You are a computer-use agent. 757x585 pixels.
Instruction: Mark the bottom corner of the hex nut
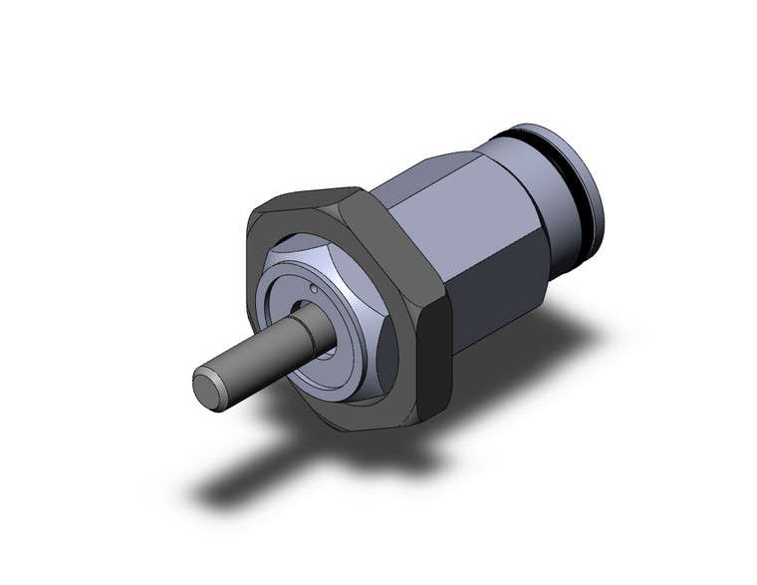[x=345, y=435]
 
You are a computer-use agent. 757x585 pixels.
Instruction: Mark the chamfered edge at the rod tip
[x=197, y=377]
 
